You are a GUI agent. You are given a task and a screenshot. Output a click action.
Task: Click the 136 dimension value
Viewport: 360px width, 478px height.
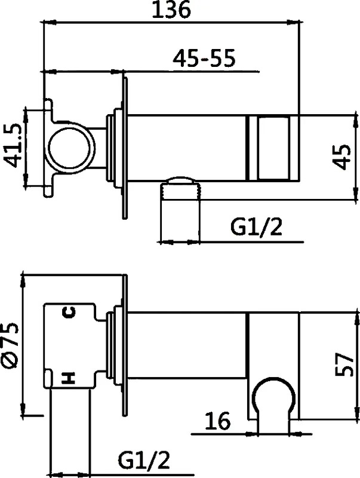pos(171,10)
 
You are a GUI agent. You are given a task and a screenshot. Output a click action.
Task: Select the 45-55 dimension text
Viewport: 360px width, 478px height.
pos(204,58)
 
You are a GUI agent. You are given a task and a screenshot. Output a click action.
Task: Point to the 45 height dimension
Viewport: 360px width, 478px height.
pos(341,157)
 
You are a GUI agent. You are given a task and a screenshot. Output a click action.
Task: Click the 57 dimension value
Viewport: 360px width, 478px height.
pos(344,364)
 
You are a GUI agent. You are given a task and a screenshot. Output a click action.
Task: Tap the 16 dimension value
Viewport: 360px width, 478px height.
pos(217,421)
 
